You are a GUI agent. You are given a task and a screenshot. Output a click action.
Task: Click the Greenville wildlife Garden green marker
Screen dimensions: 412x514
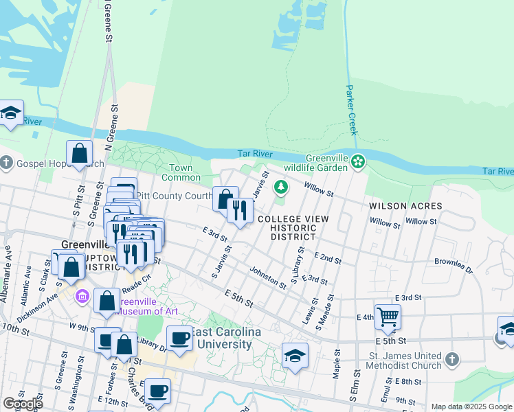(x=357, y=162)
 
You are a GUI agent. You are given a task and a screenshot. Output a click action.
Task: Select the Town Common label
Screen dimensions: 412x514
(x=181, y=172)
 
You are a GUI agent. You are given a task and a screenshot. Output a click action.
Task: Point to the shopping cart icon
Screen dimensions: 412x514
(x=388, y=316)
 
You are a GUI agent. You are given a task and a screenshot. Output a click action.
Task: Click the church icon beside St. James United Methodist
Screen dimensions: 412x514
(x=451, y=358)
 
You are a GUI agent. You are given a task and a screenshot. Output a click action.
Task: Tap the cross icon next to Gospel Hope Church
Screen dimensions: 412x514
(x=6, y=163)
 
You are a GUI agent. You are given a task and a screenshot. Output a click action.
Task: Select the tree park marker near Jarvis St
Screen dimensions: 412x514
(x=280, y=186)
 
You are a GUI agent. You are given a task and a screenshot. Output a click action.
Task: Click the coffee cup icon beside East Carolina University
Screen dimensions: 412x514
(x=179, y=337)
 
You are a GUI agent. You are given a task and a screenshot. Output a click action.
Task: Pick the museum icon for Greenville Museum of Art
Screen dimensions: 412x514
(x=82, y=297)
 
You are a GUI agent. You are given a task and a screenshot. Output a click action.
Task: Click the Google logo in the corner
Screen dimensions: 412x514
(x=23, y=404)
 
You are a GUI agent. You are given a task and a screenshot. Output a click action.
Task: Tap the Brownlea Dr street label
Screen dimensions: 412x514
(x=454, y=266)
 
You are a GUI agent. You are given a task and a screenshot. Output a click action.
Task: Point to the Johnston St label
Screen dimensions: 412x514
(x=267, y=277)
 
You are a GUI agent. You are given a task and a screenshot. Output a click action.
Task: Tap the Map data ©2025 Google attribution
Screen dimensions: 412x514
(x=471, y=407)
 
